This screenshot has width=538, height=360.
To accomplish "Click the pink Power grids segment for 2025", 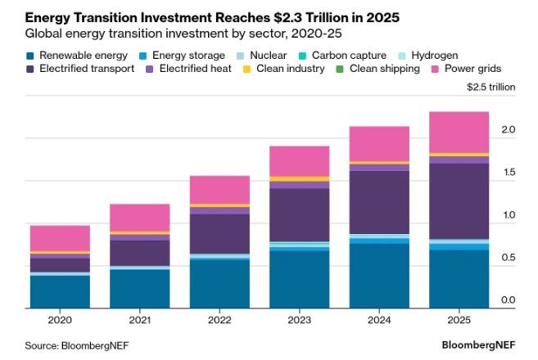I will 459,132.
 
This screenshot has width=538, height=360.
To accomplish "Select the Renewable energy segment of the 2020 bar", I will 60,291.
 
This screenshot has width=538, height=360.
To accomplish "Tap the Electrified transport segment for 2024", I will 379,201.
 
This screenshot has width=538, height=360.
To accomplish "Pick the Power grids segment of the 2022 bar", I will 219,189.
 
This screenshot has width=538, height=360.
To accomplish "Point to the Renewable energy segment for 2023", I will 300,279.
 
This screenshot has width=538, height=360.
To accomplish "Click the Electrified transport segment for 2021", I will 140,253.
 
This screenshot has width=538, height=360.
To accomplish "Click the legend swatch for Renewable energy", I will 30,56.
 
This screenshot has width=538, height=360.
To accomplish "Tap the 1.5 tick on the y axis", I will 508,173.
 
